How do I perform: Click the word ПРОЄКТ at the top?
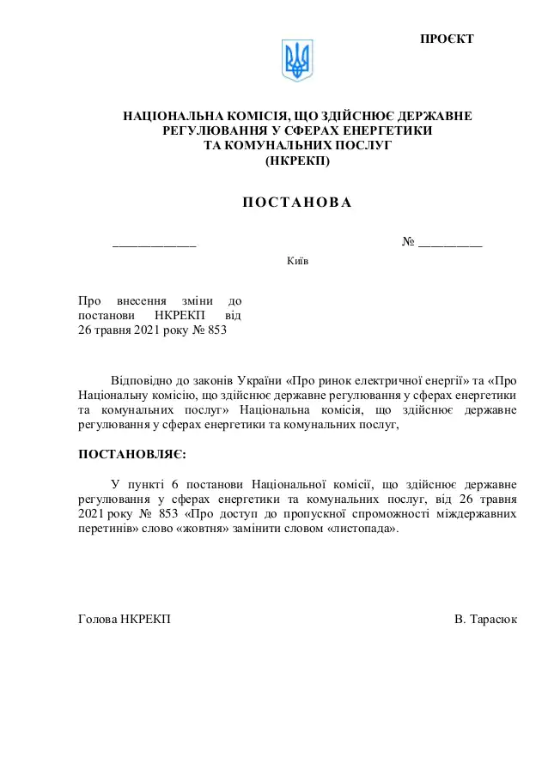pyautogui.click(x=447, y=39)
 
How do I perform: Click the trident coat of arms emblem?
pyautogui.click(x=298, y=61)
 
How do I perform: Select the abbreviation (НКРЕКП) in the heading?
pyautogui.click(x=297, y=160)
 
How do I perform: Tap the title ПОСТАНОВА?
pyautogui.click(x=297, y=203)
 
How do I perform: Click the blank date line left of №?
pyautogui.click(x=155, y=245)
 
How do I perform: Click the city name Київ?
pyautogui.click(x=297, y=262)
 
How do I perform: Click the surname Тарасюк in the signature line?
pyautogui.click(x=493, y=619)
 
